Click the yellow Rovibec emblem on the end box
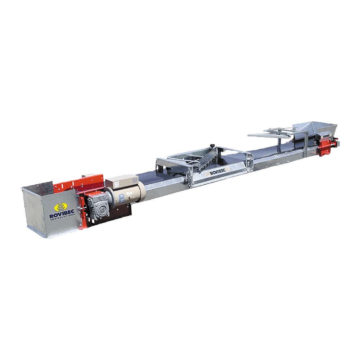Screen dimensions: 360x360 pos(61,207)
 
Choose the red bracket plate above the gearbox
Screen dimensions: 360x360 pos(81,183)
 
